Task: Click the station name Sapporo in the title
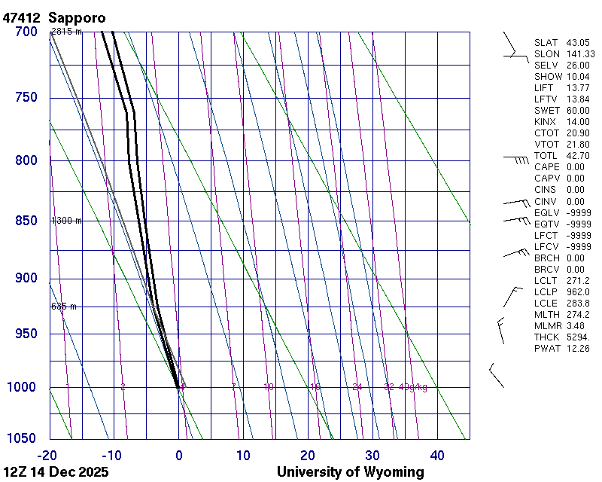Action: (77, 17)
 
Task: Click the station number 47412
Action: (22, 17)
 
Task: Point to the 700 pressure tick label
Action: (26, 32)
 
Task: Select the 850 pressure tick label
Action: (26, 221)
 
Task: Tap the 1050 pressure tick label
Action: (23, 438)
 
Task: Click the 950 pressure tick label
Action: (26, 334)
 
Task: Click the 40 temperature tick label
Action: (437, 455)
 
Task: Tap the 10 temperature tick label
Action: (243, 455)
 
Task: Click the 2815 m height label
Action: (66, 32)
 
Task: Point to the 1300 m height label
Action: (66, 221)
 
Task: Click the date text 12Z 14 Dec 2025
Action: (56, 472)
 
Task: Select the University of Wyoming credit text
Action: (350, 472)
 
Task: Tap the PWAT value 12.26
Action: (579, 348)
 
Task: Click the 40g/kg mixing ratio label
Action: (413, 387)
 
